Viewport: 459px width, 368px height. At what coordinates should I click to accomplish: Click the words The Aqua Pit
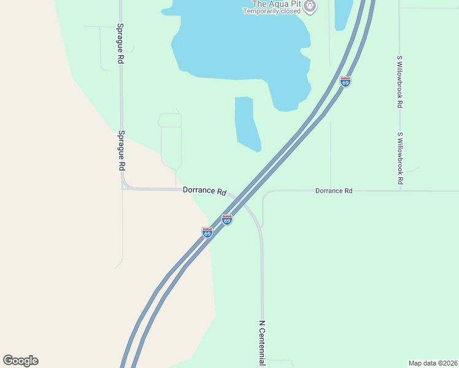tap(271, 3)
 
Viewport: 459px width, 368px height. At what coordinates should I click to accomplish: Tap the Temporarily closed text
tap(271, 11)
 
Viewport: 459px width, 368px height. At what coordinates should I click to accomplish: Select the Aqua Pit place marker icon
tap(310, 7)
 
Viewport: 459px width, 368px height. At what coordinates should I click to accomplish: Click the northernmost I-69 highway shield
tap(345, 82)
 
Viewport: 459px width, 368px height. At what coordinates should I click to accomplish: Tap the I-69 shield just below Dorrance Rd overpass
tap(227, 220)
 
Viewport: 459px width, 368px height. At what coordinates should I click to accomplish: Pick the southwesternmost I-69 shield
tap(207, 232)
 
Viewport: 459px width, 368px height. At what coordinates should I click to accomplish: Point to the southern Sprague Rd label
tap(121, 150)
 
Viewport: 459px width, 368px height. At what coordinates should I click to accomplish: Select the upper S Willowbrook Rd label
tap(399, 82)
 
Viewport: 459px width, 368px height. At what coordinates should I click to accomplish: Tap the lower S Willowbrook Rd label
tap(399, 158)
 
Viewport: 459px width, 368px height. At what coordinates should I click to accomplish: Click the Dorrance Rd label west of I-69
tap(204, 191)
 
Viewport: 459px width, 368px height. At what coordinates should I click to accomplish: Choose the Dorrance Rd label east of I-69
tap(334, 191)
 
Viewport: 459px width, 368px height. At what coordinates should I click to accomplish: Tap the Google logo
tap(20, 361)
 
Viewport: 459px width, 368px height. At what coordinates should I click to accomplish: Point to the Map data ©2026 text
tap(433, 363)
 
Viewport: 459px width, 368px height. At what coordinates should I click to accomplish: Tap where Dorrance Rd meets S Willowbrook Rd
tap(399, 191)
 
